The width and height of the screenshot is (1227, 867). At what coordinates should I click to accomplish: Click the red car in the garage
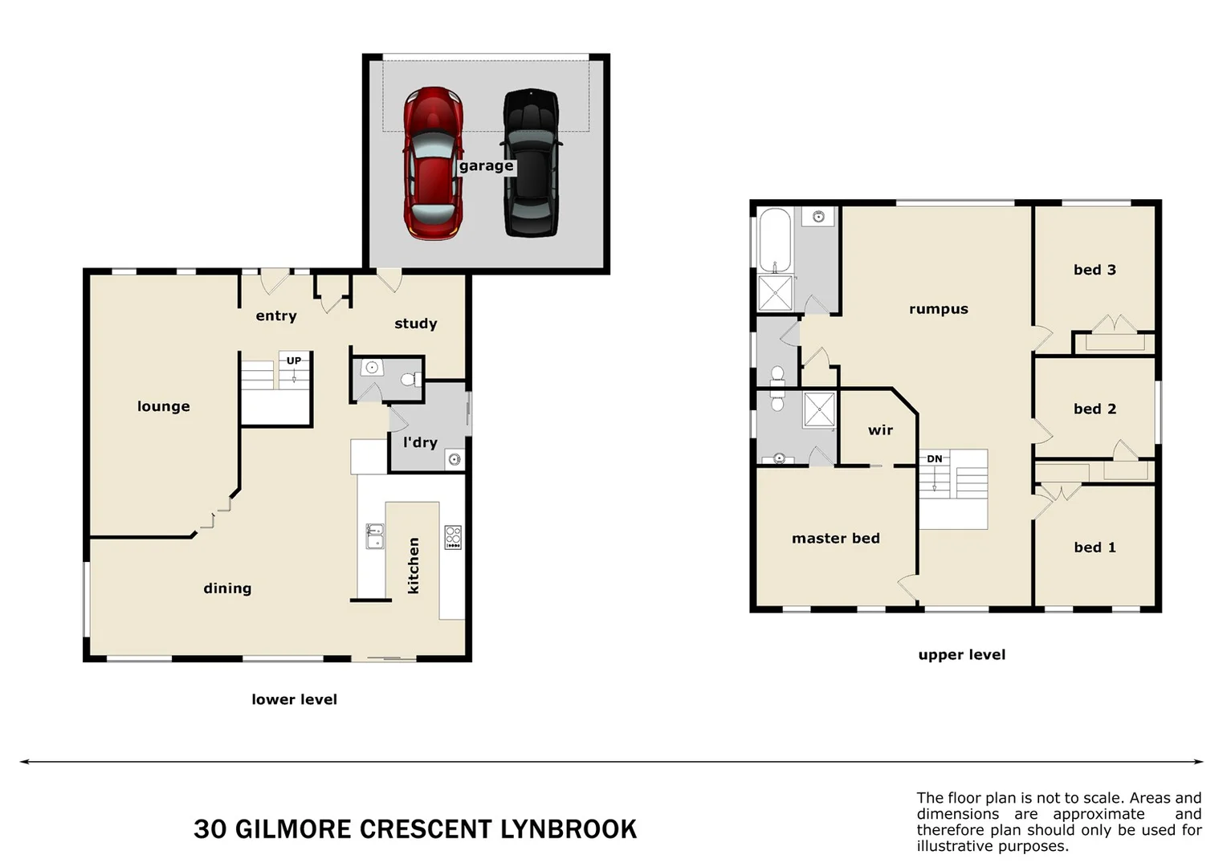click(433, 164)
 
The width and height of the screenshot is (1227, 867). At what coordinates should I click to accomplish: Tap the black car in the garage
click(531, 164)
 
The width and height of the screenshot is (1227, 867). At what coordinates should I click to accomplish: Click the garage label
click(486, 166)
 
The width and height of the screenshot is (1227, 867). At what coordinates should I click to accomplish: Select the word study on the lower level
click(415, 324)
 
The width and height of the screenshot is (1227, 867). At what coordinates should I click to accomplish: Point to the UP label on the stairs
click(294, 360)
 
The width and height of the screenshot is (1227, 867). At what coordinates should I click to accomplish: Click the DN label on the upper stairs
click(935, 459)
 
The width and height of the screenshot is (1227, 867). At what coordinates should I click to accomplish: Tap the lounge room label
click(164, 406)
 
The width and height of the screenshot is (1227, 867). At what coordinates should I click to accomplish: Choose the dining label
click(227, 588)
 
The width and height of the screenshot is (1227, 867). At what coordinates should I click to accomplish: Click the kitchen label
click(414, 566)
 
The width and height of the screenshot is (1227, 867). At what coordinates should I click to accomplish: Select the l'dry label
click(420, 442)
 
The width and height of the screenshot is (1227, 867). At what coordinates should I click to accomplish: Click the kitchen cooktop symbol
click(453, 537)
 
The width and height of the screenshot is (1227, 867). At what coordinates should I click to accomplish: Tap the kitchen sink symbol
click(375, 535)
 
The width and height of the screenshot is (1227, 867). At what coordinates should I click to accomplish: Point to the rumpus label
click(938, 309)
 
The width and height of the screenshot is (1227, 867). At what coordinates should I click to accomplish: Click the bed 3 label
click(1095, 270)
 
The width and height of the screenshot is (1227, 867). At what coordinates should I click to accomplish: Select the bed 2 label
click(1095, 409)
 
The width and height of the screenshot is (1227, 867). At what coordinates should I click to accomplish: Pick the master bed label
click(835, 539)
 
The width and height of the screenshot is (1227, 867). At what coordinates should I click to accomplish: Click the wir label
click(880, 430)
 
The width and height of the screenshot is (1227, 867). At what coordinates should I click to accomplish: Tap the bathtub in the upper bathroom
click(775, 240)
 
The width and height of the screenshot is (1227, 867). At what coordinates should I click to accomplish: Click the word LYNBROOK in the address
click(569, 829)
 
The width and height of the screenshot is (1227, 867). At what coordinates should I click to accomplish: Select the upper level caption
click(961, 655)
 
